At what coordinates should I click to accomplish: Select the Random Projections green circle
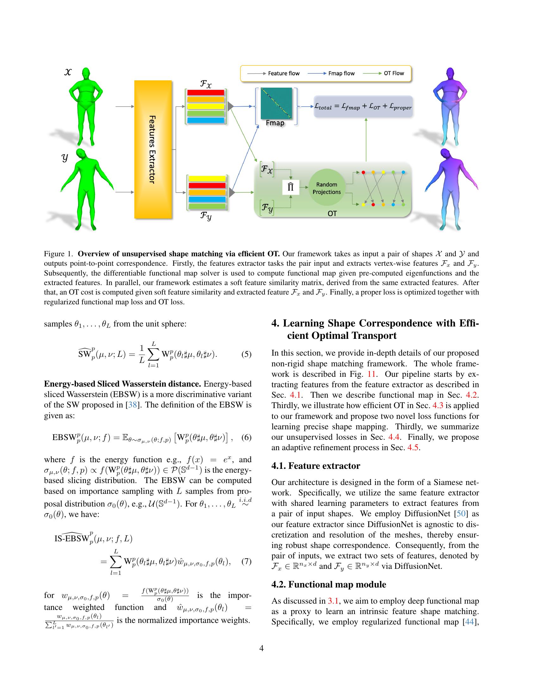[326, 188]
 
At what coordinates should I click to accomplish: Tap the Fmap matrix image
[276, 103]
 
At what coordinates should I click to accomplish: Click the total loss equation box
[363, 107]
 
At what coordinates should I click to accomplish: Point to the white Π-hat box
[290, 187]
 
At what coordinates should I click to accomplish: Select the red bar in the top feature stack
[206, 93]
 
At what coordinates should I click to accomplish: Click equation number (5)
[246, 354]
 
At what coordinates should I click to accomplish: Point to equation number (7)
[246, 561]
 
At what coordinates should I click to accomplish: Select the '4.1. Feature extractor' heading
[316, 466]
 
